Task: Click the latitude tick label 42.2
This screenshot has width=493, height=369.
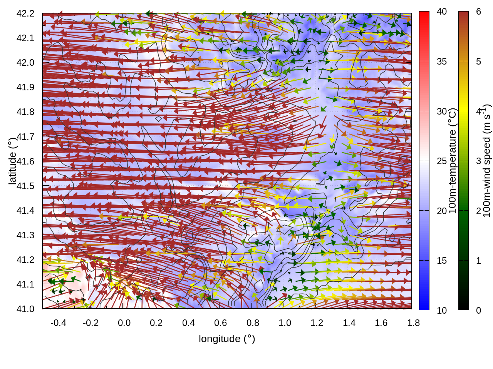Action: click(25, 13)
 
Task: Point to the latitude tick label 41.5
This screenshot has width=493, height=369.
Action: click(25, 186)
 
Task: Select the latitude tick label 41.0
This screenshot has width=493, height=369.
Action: click(25, 309)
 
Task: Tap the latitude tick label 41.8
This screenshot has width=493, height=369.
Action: click(25, 112)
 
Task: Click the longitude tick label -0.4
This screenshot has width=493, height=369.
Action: click(58, 323)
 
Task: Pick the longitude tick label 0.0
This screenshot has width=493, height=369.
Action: click(124, 323)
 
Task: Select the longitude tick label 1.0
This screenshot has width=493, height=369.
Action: click(285, 323)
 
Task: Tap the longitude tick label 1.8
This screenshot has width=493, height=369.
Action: click(413, 323)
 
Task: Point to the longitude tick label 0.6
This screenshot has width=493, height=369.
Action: click(220, 323)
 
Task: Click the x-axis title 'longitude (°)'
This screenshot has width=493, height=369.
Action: click(227, 339)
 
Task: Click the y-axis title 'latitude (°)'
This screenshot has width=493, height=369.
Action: click(12, 161)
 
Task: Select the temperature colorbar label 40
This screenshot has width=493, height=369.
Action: click(442, 12)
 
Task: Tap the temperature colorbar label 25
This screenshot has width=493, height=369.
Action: click(442, 161)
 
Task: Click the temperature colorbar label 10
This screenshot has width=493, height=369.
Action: click(442, 310)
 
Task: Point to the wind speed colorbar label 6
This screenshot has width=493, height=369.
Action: click(478, 12)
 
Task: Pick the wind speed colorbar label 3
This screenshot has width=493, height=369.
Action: click(478, 161)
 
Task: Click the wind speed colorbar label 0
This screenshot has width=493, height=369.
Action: click(478, 310)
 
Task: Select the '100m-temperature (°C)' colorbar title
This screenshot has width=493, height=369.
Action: click(453, 161)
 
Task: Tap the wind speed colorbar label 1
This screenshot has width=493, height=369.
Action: click(478, 261)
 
